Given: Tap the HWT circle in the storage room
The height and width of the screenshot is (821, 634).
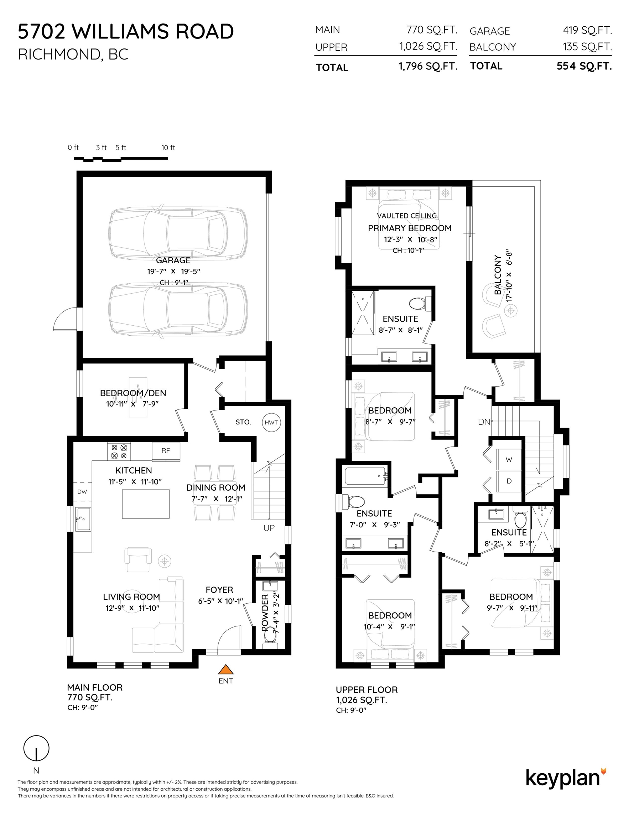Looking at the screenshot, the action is click(271, 422).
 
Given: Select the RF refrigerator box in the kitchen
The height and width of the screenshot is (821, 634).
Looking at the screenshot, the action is click(166, 451).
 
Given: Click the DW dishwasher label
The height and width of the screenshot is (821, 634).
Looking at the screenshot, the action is click(82, 492).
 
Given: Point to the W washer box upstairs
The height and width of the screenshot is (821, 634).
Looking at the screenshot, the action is click(509, 459).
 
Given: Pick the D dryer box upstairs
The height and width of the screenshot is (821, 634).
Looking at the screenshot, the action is click(509, 481).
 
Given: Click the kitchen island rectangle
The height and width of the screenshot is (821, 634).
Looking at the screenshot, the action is click(146, 504).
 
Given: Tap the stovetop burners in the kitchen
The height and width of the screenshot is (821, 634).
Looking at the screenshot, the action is click(119, 451).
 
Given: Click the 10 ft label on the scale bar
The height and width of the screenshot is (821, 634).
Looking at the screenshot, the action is click(168, 148).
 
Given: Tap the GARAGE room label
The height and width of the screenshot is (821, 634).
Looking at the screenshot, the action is click(173, 260).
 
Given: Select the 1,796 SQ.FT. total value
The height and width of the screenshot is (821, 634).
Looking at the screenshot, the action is click(428, 67).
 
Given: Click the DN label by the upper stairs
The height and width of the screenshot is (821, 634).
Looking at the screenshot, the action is click(484, 422).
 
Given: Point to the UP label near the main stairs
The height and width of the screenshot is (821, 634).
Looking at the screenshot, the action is click(269, 528).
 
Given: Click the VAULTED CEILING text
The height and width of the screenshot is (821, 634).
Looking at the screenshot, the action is click(407, 216).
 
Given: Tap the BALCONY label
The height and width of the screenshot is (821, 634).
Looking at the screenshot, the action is click(498, 275).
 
